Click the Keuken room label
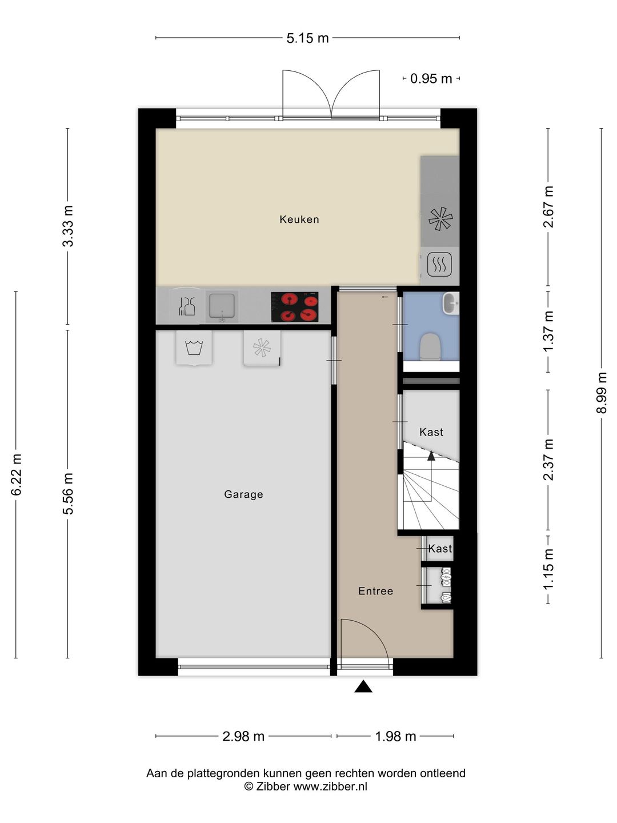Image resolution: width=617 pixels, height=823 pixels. [299, 219]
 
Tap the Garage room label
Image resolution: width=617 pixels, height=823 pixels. [243, 494]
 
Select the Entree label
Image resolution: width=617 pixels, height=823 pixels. [375, 592]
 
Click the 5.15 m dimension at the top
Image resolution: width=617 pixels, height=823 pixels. [307, 38]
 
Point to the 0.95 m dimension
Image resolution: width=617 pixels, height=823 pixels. [431, 79]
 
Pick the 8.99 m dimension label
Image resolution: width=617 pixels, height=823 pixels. [602, 393]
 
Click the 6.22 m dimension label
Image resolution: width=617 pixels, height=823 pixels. [17, 474]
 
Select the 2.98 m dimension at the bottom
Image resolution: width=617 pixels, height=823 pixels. [243, 737]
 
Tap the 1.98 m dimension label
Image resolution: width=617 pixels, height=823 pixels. [395, 737]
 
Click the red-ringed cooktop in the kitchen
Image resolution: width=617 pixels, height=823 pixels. [294, 307]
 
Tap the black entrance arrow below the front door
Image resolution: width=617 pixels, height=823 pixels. [363, 686]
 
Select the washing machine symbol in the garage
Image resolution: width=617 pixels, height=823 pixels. [194, 347]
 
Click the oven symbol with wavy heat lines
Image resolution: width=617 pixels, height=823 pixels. [439, 265]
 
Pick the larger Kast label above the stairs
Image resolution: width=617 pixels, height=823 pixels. [431, 433]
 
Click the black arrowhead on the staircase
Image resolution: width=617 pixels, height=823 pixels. [431, 456]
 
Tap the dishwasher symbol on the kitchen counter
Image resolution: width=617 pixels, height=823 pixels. [187, 306]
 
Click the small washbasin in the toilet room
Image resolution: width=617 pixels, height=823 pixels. [451, 303]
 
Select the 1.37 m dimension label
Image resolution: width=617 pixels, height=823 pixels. [548, 331]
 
